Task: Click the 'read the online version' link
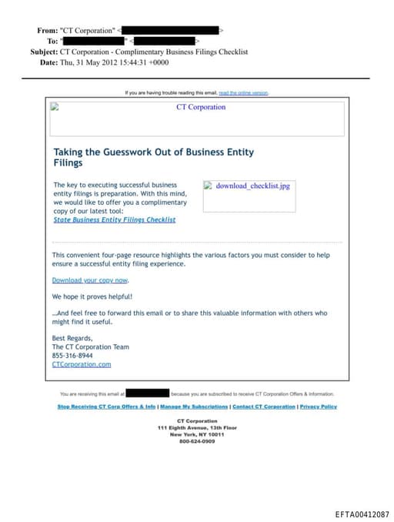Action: click(x=243, y=92)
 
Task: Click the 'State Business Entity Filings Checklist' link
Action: click(x=115, y=219)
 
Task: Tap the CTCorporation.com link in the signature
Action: click(x=82, y=364)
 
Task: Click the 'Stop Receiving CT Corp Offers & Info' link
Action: click(x=106, y=407)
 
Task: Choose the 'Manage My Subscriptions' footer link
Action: click(x=194, y=407)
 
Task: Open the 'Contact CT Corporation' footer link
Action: click(x=264, y=407)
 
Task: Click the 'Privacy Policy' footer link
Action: click(x=318, y=407)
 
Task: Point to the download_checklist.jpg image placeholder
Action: click(x=247, y=186)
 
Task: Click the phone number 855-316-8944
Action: click(x=73, y=356)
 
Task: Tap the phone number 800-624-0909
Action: click(x=197, y=441)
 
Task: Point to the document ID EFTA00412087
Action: click(x=362, y=514)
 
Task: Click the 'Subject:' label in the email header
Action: click(x=43, y=52)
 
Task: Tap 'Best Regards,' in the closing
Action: click(x=72, y=338)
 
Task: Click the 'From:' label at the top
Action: click(x=47, y=31)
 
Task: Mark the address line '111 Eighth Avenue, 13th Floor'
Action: click(x=197, y=427)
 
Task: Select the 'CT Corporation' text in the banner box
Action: click(x=201, y=107)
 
